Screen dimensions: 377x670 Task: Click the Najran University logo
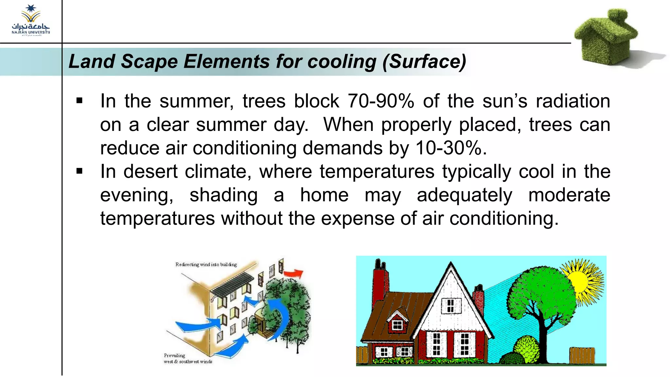point(31,20)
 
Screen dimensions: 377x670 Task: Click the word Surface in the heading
point(425,62)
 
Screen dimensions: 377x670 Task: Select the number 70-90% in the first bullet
point(381,101)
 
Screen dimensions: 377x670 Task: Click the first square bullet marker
point(79,101)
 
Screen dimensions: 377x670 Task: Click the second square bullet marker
point(79,171)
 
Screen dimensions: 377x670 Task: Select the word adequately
point(465,195)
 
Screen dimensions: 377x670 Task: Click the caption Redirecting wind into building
point(206,264)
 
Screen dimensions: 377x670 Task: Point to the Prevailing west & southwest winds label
point(188,358)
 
